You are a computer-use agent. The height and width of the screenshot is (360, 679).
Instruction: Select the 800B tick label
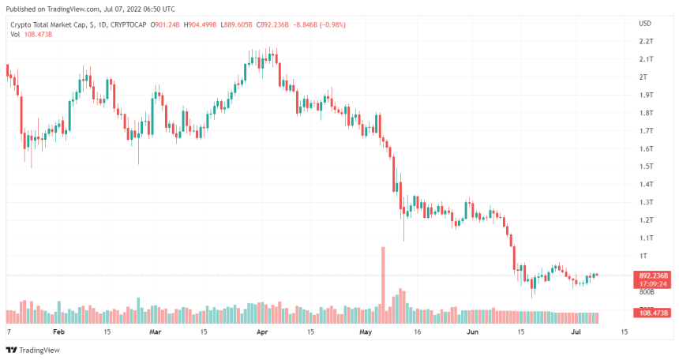point(645,291)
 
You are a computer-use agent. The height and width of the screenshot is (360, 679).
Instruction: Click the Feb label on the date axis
point(58,332)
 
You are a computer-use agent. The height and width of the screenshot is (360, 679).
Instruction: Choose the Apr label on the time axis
point(261,332)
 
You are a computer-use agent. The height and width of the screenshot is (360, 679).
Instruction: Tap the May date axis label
point(365,332)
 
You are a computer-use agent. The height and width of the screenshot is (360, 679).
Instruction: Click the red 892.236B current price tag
point(654,276)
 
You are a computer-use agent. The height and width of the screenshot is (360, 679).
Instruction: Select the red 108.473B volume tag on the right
point(654,313)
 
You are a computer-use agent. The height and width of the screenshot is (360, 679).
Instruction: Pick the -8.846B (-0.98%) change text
point(319,24)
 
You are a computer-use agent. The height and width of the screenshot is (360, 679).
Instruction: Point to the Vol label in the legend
point(15,35)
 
